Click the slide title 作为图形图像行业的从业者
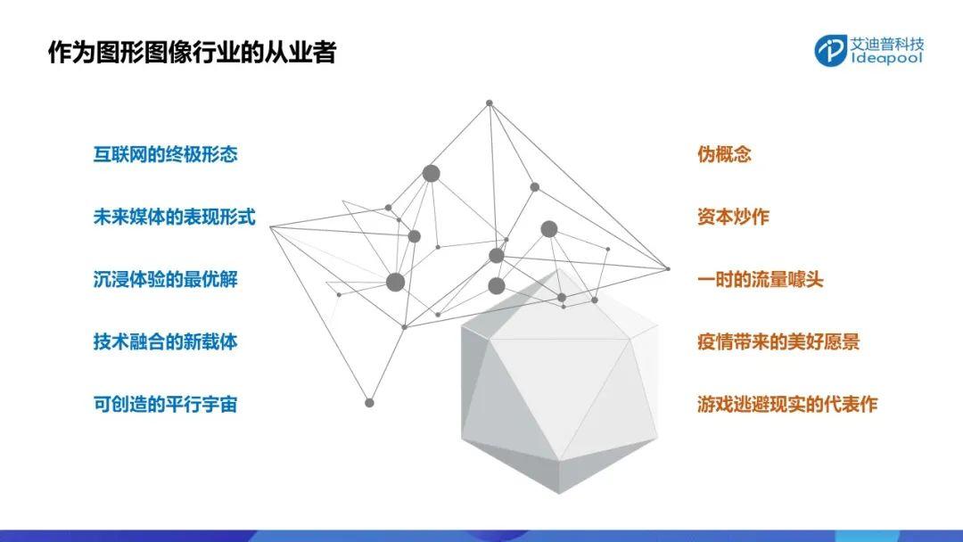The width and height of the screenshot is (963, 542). click(x=193, y=53)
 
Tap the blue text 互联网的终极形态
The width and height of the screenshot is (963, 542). click(x=165, y=154)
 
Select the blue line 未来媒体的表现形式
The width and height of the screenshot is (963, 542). click(x=175, y=217)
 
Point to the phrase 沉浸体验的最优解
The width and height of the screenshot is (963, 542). click(x=165, y=279)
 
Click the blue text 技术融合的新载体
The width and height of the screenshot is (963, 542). click(x=165, y=342)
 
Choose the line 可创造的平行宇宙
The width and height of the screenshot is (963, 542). click(x=165, y=405)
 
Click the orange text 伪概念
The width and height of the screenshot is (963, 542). click(x=724, y=154)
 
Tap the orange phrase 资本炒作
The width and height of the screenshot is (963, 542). click(x=733, y=217)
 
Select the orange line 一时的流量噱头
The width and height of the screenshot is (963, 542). click(x=761, y=279)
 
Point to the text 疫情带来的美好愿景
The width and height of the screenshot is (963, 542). click(x=778, y=342)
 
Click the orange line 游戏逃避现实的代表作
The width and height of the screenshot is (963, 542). click(x=787, y=405)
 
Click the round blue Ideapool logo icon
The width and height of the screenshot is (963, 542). click(x=831, y=50)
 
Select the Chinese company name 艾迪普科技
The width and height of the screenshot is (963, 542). click(x=887, y=43)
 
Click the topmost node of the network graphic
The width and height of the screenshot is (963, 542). click(x=490, y=103)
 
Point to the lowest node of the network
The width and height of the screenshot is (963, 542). click(x=369, y=403)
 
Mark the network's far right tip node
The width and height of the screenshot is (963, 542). click(x=668, y=268)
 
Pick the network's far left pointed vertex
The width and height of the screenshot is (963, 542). click(x=270, y=227)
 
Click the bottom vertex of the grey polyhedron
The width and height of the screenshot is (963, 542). click(x=559, y=493)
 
